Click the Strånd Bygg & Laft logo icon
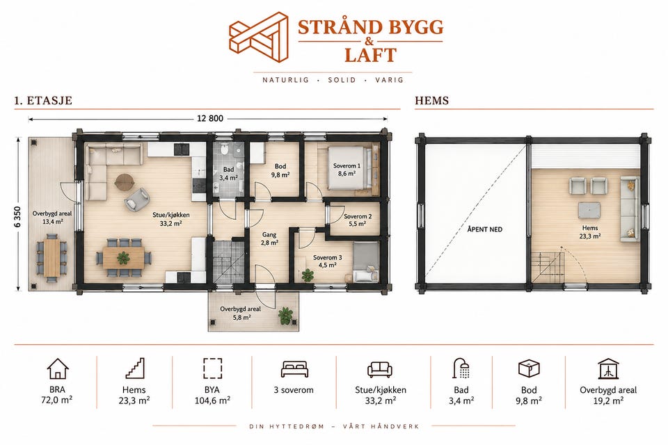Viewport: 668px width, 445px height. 259,37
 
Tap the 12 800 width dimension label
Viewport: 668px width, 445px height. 210,118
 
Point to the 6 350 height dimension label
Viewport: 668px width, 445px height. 17,217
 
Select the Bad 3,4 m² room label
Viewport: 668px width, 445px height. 228,174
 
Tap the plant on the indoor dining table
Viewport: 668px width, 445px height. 123,258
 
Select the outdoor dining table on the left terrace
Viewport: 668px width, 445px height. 52,258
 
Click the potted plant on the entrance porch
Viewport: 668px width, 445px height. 285,316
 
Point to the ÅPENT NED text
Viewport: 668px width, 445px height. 485,229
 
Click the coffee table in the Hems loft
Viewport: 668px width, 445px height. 589,211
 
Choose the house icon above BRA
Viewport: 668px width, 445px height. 58,369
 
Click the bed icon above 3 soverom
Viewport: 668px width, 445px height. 294,369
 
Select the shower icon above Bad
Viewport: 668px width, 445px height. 461,369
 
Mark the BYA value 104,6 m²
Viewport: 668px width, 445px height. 213,400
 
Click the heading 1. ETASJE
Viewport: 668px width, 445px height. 43,101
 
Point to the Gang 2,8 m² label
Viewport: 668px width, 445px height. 269,238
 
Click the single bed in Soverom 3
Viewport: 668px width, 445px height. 365,261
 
